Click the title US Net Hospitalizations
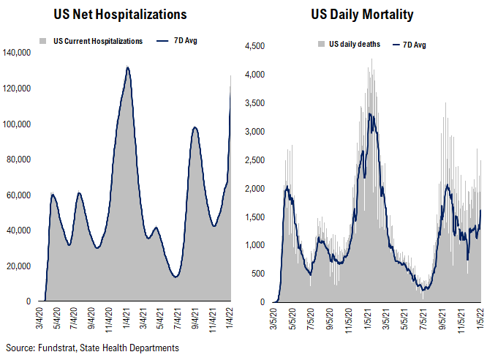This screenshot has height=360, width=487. point(121,15)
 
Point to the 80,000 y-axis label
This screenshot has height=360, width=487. point(18,160)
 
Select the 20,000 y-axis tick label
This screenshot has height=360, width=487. point(18,266)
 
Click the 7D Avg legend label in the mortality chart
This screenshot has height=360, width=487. point(413,45)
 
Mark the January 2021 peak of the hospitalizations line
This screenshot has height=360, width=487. point(128,67)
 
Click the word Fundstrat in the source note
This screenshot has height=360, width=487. point(56,348)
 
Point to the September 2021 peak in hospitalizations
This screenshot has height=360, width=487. point(195,127)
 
